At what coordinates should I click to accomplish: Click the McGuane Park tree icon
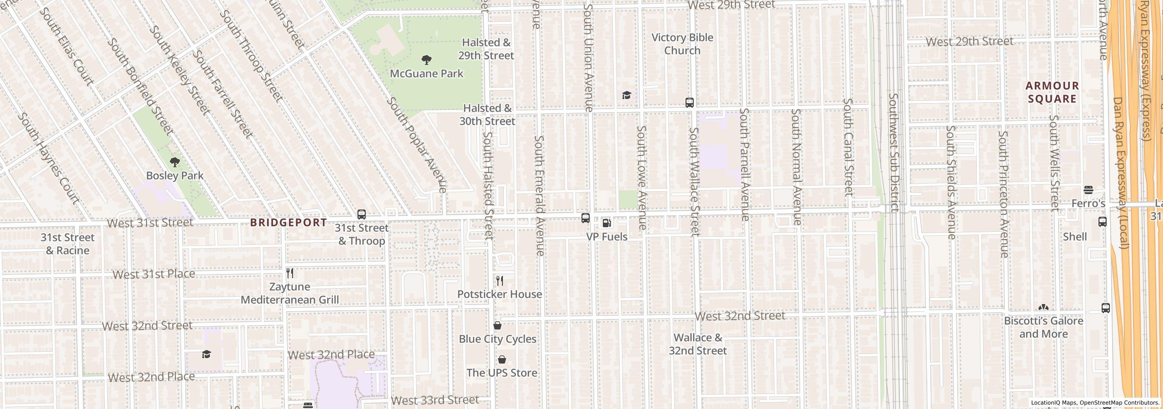pos(426,60)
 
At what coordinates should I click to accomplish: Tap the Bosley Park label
pos(174,175)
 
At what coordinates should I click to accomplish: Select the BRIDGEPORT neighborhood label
pos(288,222)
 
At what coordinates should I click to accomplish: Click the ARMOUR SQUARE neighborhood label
pos(1052,92)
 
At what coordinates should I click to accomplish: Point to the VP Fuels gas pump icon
pos(606,223)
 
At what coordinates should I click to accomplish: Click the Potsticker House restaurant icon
pos(500,280)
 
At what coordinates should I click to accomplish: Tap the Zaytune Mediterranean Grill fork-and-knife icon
pos(290,273)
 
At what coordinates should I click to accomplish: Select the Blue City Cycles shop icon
pos(497,325)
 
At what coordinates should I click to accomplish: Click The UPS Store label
pos(502,373)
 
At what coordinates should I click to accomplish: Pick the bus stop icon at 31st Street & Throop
pos(362,214)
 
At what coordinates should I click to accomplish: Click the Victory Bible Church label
pos(682,44)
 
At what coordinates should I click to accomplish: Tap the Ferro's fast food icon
pos(1088,190)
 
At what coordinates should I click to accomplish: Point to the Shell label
pos(1074,237)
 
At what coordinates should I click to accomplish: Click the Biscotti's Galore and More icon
pos(1044,308)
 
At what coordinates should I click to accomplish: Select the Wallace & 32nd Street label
pos(697,344)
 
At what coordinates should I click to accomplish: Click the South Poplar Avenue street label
pos(416,145)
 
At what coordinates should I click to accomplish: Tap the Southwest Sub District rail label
pos(894,152)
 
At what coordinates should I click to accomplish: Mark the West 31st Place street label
pos(154,274)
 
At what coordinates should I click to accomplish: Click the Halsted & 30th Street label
pos(487,115)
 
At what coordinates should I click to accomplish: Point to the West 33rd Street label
pos(435,400)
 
